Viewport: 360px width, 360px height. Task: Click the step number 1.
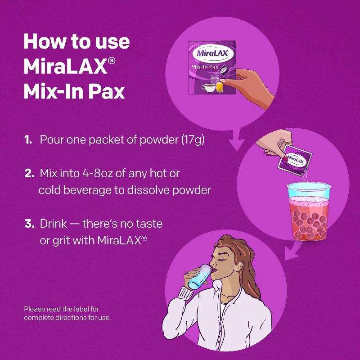click(x=28, y=139)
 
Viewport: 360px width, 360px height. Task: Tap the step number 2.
click(x=29, y=173)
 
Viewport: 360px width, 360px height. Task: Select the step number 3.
click(x=29, y=224)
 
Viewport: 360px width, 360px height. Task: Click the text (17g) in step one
click(x=193, y=139)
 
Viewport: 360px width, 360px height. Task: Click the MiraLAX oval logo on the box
click(x=212, y=54)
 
